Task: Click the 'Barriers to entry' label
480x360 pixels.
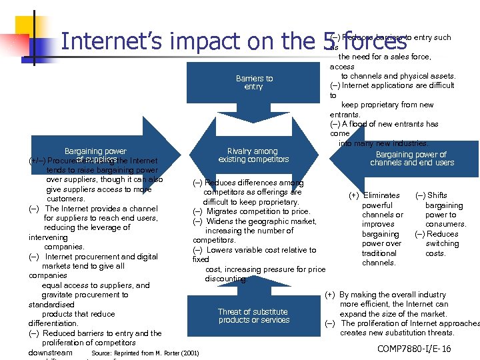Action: pos(254,83)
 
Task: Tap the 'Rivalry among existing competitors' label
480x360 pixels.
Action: pos(253,155)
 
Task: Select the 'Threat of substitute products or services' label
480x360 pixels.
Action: pos(253,316)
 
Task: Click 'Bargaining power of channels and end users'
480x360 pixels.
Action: pos(411,159)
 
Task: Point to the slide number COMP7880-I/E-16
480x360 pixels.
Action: pos(414,349)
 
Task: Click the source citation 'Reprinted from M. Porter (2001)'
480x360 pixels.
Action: pos(145,352)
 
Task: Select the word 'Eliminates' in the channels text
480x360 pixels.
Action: pos(381,195)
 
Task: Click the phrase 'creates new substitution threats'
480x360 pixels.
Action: pos(397,333)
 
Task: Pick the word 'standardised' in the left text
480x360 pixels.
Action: pos(51,304)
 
